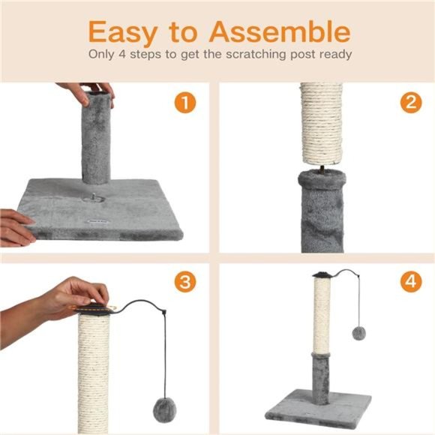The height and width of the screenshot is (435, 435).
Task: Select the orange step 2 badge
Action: point(409,103)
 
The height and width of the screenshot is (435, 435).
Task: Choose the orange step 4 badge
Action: point(409,282)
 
